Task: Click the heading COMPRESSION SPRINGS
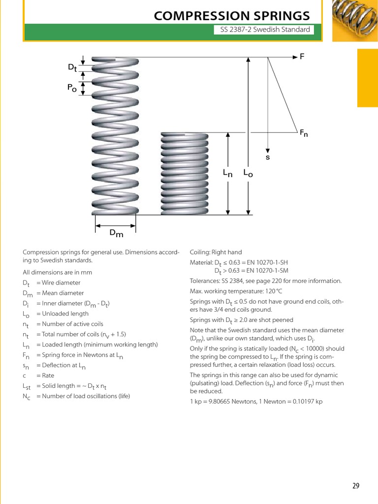pyautogui.click(x=232, y=16)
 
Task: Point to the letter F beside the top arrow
pyautogui.click(x=302, y=57)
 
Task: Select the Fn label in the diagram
pyautogui.click(x=304, y=133)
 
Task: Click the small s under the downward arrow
pyautogui.click(x=268, y=157)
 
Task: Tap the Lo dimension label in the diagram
pyautogui.click(x=248, y=173)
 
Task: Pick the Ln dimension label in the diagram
pyautogui.click(x=227, y=173)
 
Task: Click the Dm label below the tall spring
pyautogui.click(x=116, y=233)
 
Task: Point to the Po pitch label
pyautogui.click(x=72, y=88)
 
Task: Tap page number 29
pyautogui.click(x=356, y=486)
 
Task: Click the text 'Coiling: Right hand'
pyautogui.click(x=216, y=252)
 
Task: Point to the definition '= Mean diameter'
pyautogui.click(x=58, y=293)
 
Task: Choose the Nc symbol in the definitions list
pyautogui.click(x=27, y=396)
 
